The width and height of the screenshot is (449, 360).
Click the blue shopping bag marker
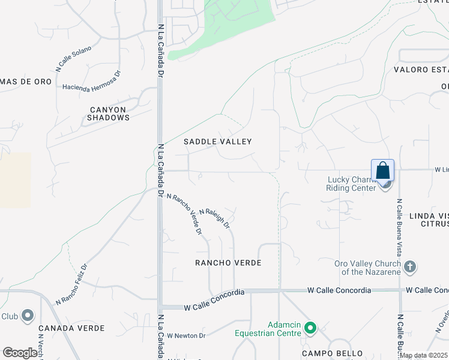point(383,171)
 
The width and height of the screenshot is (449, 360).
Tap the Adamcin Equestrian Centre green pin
point(310,328)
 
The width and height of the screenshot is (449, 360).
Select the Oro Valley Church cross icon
point(410,266)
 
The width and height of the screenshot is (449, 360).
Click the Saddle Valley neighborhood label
point(217,142)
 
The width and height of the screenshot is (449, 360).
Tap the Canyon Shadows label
point(108,113)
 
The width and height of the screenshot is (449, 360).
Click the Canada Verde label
point(71,328)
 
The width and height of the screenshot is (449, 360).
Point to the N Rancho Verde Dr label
point(184,214)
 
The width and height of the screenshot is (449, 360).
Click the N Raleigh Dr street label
point(215,218)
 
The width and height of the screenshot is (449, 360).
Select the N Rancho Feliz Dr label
point(71,284)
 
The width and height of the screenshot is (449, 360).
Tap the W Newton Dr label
point(186,335)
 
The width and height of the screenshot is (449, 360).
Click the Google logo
point(20,353)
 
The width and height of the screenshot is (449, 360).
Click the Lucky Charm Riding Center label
point(351,183)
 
